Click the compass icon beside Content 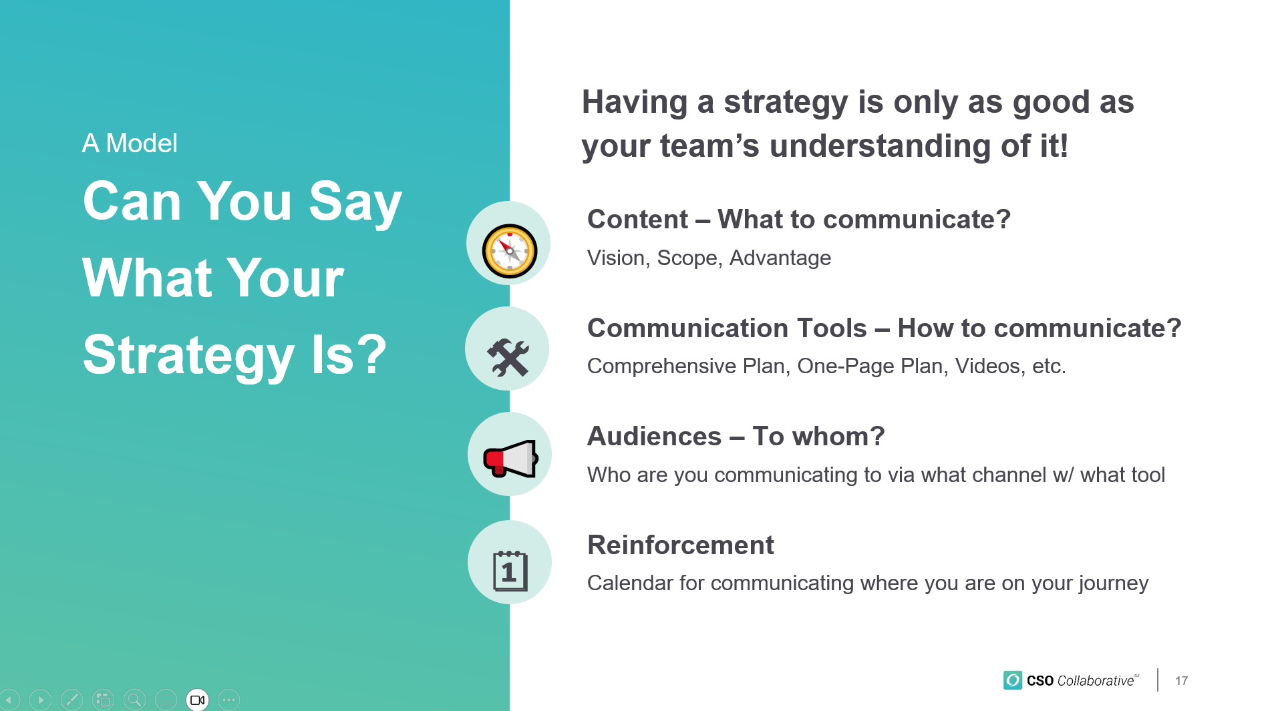click(x=510, y=251)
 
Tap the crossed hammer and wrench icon click(x=508, y=357)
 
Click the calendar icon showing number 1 click(x=510, y=571)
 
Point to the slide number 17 click(x=1181, y=681)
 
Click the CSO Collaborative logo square click(x=1012, y=680)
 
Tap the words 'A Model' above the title click(x=130, y=143)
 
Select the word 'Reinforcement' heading click(x=680, y=545)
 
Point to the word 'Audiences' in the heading click(x=654, y=436)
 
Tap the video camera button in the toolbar click(x=197, y=700)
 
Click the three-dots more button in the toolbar click(x=228, y=700)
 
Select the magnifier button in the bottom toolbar click(x=134, y=700)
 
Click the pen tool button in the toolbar click(x=71, y=700)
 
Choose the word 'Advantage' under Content click(x=780, y=258)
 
